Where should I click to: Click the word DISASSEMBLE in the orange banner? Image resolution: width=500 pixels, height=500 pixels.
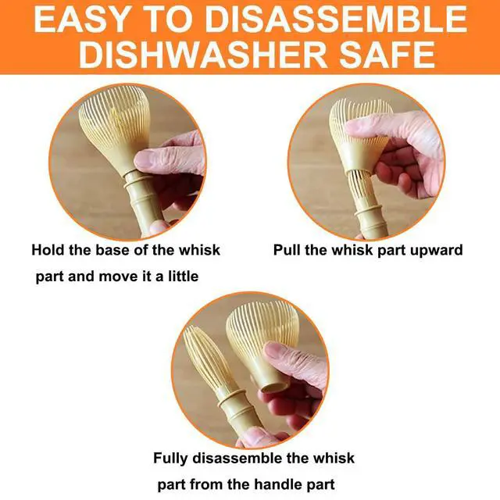(x=338, y=20)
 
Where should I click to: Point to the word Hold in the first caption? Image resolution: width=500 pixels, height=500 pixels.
(x=48, y=250)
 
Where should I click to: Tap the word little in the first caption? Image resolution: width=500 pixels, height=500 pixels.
(x=183, y=276)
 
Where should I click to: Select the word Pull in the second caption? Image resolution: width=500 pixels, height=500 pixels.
(x=287, y=250)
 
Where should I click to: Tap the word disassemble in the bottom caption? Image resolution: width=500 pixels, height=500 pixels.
(x=236, y=459)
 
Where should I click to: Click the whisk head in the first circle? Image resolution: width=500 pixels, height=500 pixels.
(x=116, y=124)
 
